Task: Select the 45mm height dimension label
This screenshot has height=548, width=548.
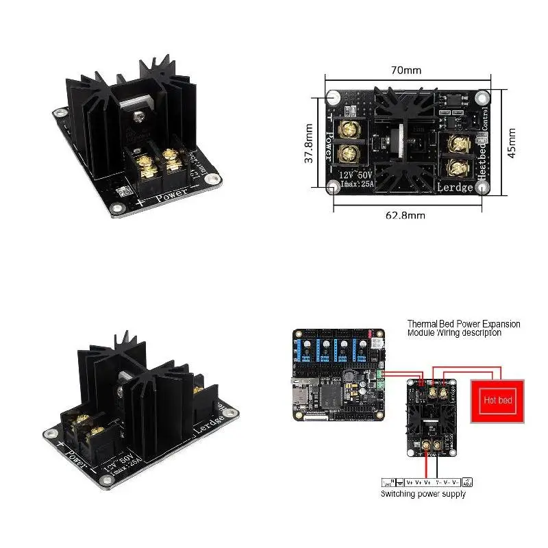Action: (511, 141)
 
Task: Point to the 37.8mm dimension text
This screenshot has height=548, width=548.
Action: (309, 143)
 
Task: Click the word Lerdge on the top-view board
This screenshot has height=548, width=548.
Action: (456, 186)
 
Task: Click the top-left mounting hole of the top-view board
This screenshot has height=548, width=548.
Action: (334, 97)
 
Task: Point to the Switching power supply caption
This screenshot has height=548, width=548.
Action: (423, 493)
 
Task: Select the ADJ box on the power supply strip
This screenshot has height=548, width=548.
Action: (468, 482)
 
